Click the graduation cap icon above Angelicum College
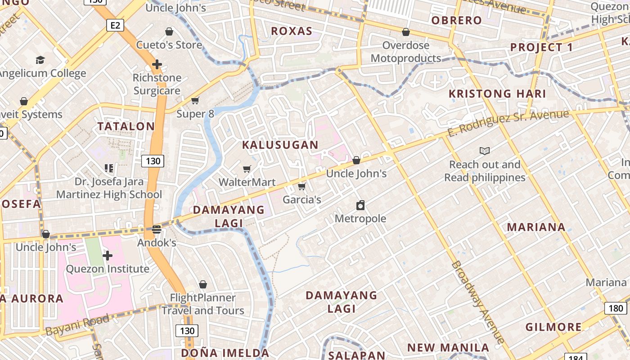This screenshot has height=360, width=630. pyautogui.click(x=40, y=60)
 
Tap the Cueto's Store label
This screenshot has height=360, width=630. pyautogui.click(x=169, y=45)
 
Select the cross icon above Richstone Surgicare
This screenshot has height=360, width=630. pyautogui.click(x=157, y=64)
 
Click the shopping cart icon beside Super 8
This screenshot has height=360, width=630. pyautogui.click(x=195, y=100)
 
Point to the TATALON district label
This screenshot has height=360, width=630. pyautogui.click(x=126, y=126)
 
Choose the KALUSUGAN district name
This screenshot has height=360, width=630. pyautogui.click(x=280, y=145)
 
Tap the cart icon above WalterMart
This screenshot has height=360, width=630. pyautogui.click(x=247, y=169)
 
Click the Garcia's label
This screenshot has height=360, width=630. pyautogui.click(x=301, y=199)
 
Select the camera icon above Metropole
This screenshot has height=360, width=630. pyautogui.click(x=360, y=206)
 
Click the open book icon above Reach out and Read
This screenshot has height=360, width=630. pyautogui.click(x=485, y=151)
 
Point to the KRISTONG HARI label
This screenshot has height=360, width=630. pyautogui.click(x=497, y=94)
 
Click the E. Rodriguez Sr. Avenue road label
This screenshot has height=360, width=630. pyautogui.click(x=508, y=122)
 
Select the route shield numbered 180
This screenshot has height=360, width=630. pyautogui.click(x=615, y=308)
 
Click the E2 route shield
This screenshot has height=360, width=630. pyautogui.click(x=115, y=25)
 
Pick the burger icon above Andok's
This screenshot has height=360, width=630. pyautogui.click(x=156, y=229)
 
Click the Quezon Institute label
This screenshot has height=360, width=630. pyautogui.click(x=108, y=269)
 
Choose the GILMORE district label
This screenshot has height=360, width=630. pyautogui.click(x=553, y=327)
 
